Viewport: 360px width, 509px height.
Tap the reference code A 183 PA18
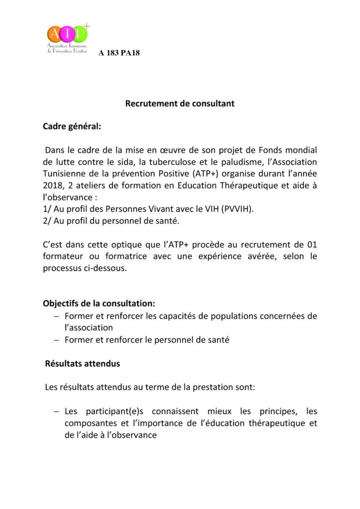tap(119, 53)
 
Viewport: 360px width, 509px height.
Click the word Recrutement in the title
tap(148, 104)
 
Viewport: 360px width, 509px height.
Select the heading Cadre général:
tap(72, 126)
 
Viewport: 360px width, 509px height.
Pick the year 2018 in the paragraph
tap(54, 185)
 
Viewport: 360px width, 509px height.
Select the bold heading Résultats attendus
tap(83, 363)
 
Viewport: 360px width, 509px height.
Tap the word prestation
tap(212, 387)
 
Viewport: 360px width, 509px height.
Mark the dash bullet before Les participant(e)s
tap(56, 412)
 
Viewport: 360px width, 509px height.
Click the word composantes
tap(90, 424)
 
